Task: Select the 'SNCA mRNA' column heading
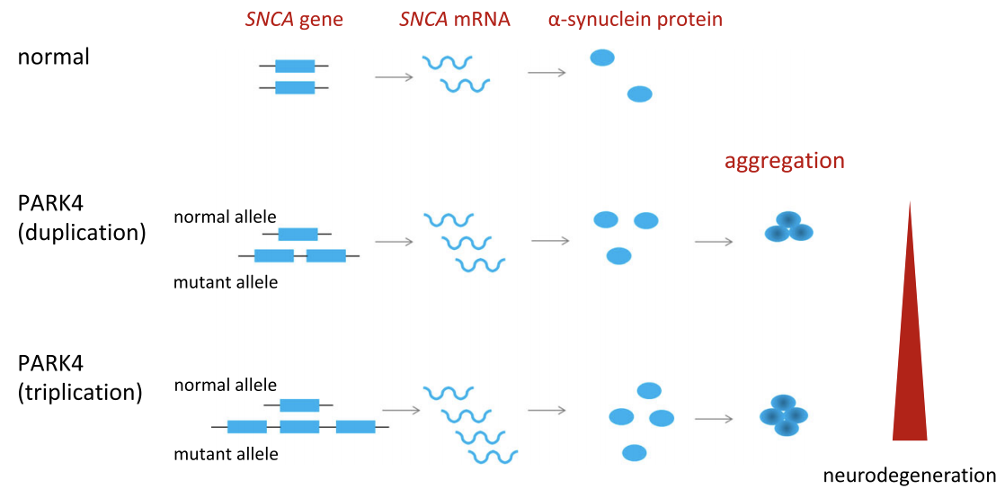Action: tap(455, 20)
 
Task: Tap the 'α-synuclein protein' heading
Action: tap(636, 20)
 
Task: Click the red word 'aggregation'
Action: tap(780, 161)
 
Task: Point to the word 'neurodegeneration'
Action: tap(910, 475)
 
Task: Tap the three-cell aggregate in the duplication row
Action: tap(789, 227)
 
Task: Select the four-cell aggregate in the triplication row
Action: tap(783, 415)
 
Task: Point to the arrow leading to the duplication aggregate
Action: tap(714, 242)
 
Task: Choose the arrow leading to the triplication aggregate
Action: tap(714, 419)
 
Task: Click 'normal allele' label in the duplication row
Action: tap(225, 217)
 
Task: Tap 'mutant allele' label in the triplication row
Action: tap(226, 454)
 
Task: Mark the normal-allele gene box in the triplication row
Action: tap(299, 405)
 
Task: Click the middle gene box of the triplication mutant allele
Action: tap(299, 426)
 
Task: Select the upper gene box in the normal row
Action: tap(295, 66)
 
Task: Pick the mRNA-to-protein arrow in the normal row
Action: tap(547, 73)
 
